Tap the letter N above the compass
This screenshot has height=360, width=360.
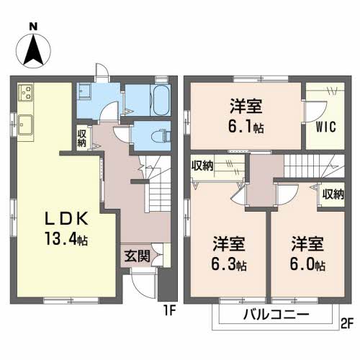34,26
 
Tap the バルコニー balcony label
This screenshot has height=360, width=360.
275,315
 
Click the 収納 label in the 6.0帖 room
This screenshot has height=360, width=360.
333,194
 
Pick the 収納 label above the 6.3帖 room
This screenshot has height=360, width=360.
202,166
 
